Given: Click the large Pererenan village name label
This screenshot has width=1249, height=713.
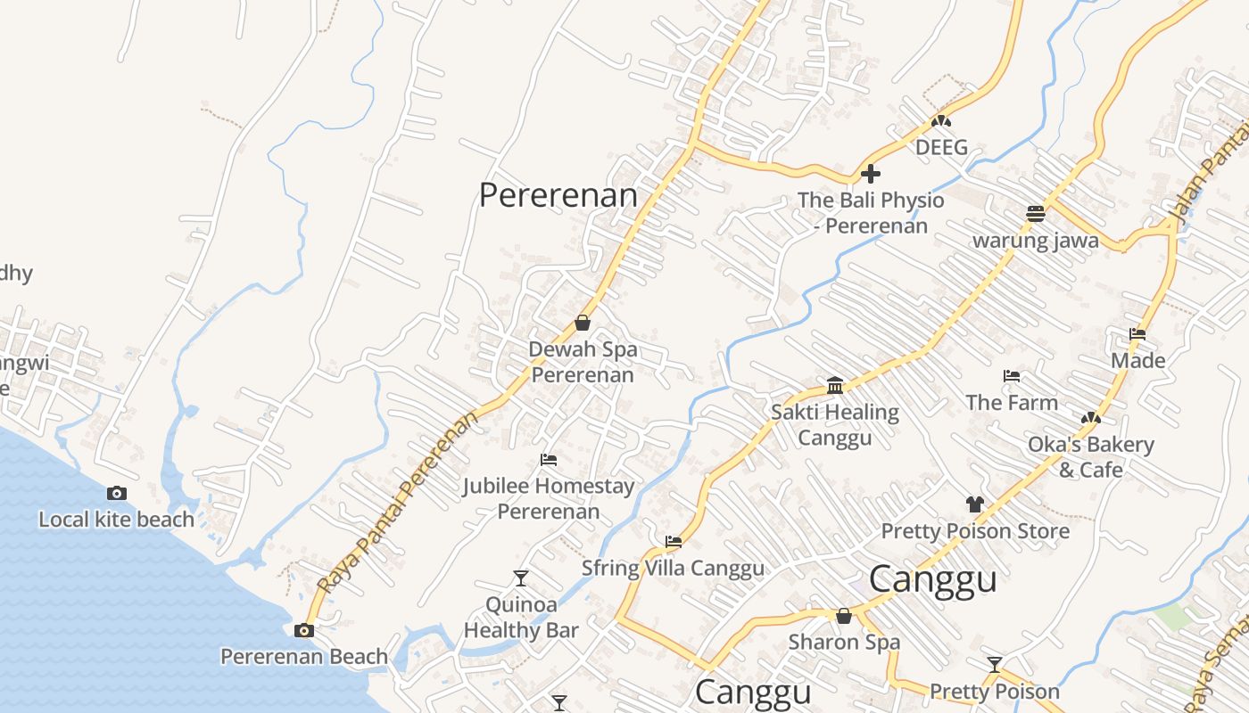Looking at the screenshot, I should [x=558, y=195].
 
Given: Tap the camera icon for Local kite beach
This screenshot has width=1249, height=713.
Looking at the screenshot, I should [x=116, y=493].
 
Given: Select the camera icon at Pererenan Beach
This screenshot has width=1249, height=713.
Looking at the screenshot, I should [x=304, y=630].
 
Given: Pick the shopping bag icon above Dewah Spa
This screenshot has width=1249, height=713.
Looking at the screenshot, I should [x=583, y=323].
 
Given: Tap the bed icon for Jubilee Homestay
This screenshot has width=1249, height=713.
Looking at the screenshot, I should [x=549, y=460].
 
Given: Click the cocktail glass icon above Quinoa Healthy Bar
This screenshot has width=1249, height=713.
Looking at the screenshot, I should [x=521, y=578].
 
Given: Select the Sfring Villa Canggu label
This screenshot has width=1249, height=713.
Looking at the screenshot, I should [x=673, y=568].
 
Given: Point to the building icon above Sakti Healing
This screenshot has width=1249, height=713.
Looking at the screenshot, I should [x=835, y=385].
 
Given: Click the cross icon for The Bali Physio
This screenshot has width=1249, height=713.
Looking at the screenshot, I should [x=871, y=174].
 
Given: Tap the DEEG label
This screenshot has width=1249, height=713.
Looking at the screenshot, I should [x=941, y=147].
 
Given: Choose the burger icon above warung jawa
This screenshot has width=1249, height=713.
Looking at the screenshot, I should [x=1035, y=214].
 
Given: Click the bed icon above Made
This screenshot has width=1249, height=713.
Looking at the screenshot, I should [x=1137, y=334].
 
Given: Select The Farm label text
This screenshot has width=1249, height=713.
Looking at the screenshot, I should [x=1012, y=402].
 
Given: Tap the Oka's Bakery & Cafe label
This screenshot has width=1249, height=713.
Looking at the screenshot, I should [x=1091, y=456].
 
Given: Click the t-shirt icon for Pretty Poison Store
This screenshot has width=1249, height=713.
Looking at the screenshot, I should [x=974, y=504].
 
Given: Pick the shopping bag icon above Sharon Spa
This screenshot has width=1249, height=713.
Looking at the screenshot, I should [x=844, y=616].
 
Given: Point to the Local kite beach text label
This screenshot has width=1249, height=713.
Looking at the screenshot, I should [x=116, y=519].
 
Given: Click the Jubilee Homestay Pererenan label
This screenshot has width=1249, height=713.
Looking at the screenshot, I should [x=549, y=498].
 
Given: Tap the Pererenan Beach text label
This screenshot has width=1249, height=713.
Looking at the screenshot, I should [x=304, y=657].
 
